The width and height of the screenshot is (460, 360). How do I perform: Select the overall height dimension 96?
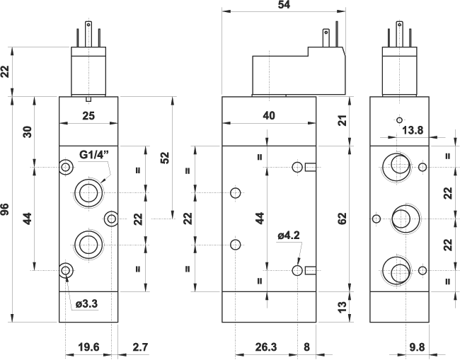click(x=6, y=209)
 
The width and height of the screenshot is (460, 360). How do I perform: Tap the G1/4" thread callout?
click(x=94, y=154)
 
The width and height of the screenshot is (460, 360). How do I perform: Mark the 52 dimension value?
click(x=165, y=157)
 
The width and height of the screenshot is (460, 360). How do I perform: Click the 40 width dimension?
click(x=269, y=115)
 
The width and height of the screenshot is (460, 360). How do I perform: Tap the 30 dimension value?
click(x=28, y=132)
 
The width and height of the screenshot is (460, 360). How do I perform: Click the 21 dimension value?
click(x=343, y=120)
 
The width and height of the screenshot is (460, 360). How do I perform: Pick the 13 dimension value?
click(x=343, y=306)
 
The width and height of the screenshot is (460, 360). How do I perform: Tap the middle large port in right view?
click(x=401, y=219)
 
